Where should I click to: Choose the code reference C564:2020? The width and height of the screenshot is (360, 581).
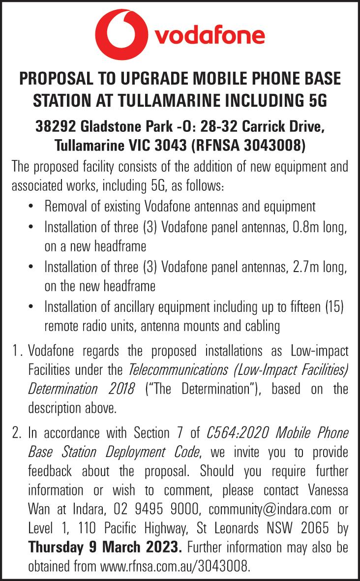232,433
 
